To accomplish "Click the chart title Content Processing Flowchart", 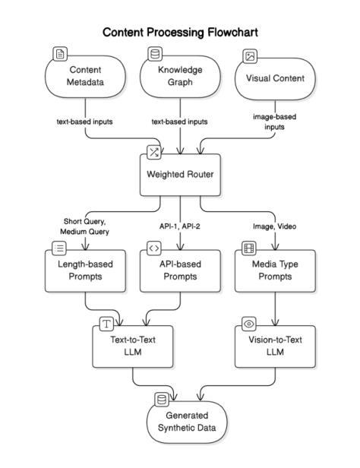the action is click(x=180, y=32).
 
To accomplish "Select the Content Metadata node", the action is click(x=85, y=77).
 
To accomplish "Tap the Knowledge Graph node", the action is click(x=180, y=77).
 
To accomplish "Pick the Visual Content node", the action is click(x=275, y=79).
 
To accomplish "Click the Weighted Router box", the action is click(x=180, y=175).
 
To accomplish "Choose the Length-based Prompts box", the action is click(x=85, y=270).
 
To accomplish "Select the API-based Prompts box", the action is click(x=180, y=270).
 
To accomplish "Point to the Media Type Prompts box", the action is click(x=275, y=270).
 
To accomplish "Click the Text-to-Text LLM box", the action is click(x=133, y=346).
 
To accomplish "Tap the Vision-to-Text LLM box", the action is click(x=275, y=346).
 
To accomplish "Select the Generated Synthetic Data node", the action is click(x=187, y=422).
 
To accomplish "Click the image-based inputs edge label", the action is click(x=274, y=122).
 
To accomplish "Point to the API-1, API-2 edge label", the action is click(x=180, y=226).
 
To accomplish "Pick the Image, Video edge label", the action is click(x=274, y=226).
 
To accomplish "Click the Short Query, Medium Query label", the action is click(x=84, y=226).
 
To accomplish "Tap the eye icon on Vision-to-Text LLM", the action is click(x=249, y=324).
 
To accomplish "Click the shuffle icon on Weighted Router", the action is click(x=154, y=152).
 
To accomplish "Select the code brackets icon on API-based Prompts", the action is click(x=154, y=248).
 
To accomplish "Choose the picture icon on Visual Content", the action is click(x=250, y=56).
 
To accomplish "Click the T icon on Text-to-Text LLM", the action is click(x=106, y=324).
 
